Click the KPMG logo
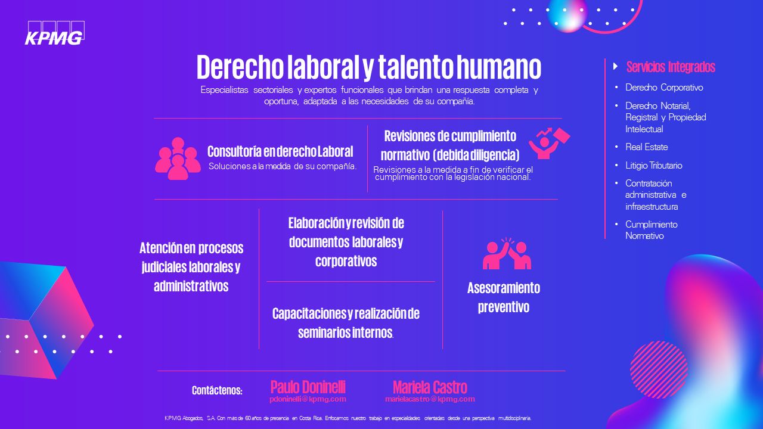pos(55,33)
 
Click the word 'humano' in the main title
pos(499,67)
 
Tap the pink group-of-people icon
pos(178,158)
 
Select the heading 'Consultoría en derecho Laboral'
pos(280,151)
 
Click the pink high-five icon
pos(507,253)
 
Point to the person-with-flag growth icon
pos(549,144)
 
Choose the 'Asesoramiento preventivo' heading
pos(504,297)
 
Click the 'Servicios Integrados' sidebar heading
pos(671,67)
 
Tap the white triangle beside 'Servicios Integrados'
pos(616,66)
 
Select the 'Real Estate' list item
pos(647,147)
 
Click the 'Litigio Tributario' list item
pos(654,166)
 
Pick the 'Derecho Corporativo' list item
pos(664,88)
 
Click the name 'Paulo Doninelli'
pos(308,387)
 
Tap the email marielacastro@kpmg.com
pos(430,399)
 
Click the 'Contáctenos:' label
pos(217,390)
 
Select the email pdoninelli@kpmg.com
pos(308,399)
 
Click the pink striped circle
pos(659,369)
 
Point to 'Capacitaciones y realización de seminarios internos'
pos(346,323)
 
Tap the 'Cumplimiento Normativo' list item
pos(652,230)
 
